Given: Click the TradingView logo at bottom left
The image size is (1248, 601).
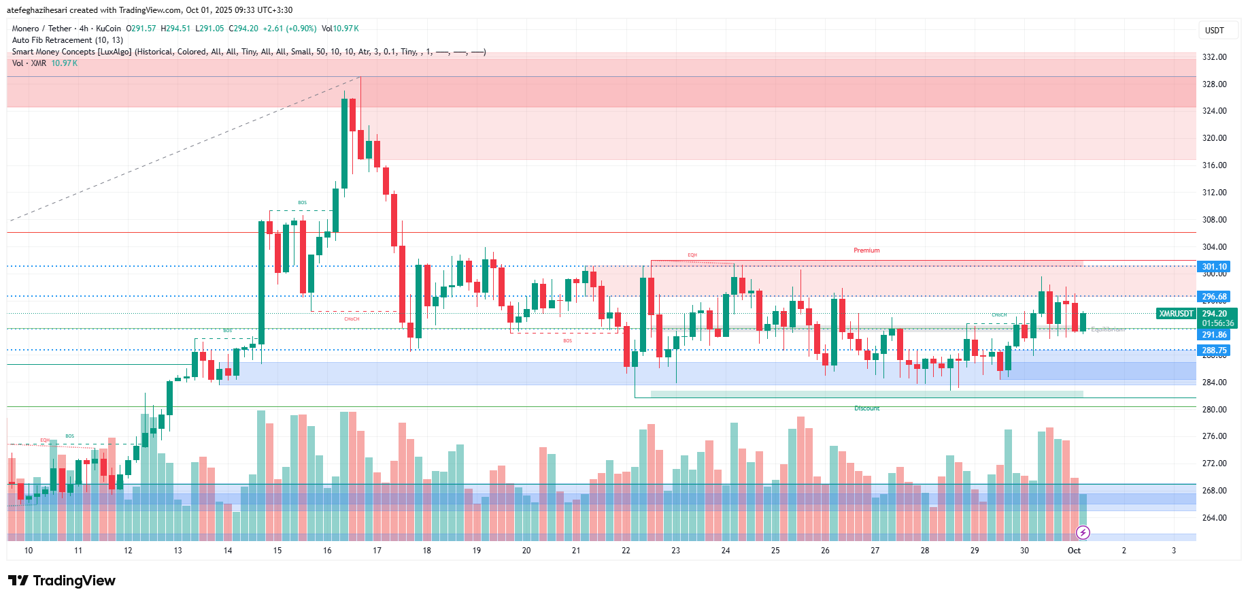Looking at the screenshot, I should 62,581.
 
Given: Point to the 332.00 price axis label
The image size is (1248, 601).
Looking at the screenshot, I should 1214,57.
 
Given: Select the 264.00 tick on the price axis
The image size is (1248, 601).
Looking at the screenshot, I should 1214,518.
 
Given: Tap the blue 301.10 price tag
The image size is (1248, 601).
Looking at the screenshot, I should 1214,267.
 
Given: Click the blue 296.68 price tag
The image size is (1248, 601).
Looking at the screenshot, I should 1214,297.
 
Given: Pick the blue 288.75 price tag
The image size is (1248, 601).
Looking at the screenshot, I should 1214,351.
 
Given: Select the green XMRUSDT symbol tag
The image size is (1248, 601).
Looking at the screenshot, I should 1176,314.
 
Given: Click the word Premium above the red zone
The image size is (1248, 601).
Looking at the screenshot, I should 866,250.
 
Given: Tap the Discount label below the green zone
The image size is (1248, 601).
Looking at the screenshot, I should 866,408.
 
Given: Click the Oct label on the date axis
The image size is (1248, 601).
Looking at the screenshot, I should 1074,551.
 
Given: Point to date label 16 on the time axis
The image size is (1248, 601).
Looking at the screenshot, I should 327,551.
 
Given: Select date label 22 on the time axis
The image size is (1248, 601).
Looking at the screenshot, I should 626,551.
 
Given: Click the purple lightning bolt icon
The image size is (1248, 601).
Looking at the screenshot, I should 1083,532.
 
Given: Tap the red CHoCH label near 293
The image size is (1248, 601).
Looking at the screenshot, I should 352,319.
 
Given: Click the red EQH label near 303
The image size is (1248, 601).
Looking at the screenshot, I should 692,255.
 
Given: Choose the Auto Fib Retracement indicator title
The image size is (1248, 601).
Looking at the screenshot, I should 67,40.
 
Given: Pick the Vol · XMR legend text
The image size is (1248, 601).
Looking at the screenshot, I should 29,63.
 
